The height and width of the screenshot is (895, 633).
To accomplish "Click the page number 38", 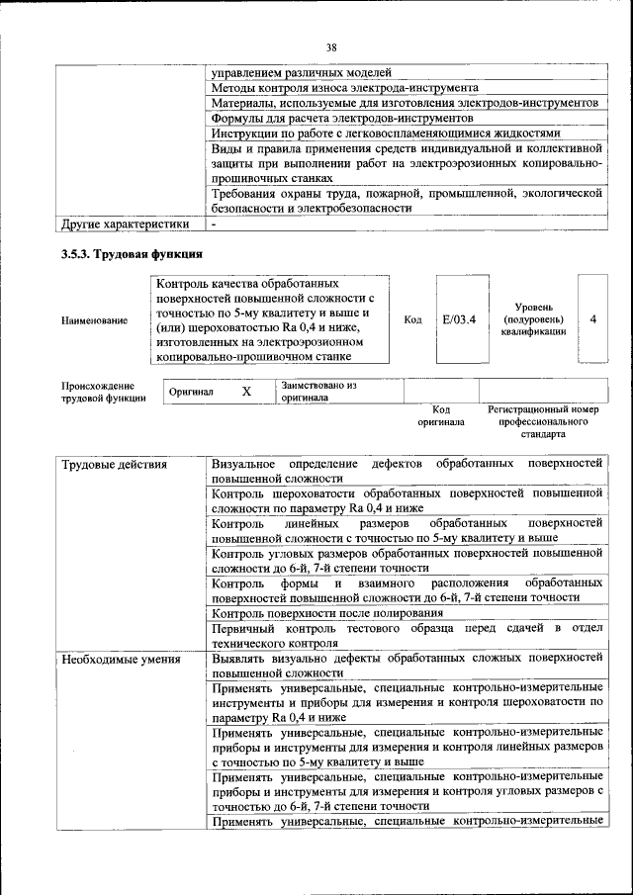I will [332, 46].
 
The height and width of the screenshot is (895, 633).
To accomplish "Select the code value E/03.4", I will [459, 319].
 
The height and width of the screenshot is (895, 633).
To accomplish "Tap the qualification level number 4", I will [592, 319].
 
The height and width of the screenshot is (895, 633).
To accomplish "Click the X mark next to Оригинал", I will [247, 392].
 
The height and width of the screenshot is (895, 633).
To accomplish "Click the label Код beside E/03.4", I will [413, 319].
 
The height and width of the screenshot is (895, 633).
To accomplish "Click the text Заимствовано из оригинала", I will [318, 391].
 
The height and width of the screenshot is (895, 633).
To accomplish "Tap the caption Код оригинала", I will [441, 414].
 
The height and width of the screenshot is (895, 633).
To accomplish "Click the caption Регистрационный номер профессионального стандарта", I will [543, 421].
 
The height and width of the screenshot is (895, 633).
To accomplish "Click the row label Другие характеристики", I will [126, 224].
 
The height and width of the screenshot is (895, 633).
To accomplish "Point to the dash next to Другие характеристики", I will [214, 224].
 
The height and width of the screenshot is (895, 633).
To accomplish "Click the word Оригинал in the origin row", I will [191, 392].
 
